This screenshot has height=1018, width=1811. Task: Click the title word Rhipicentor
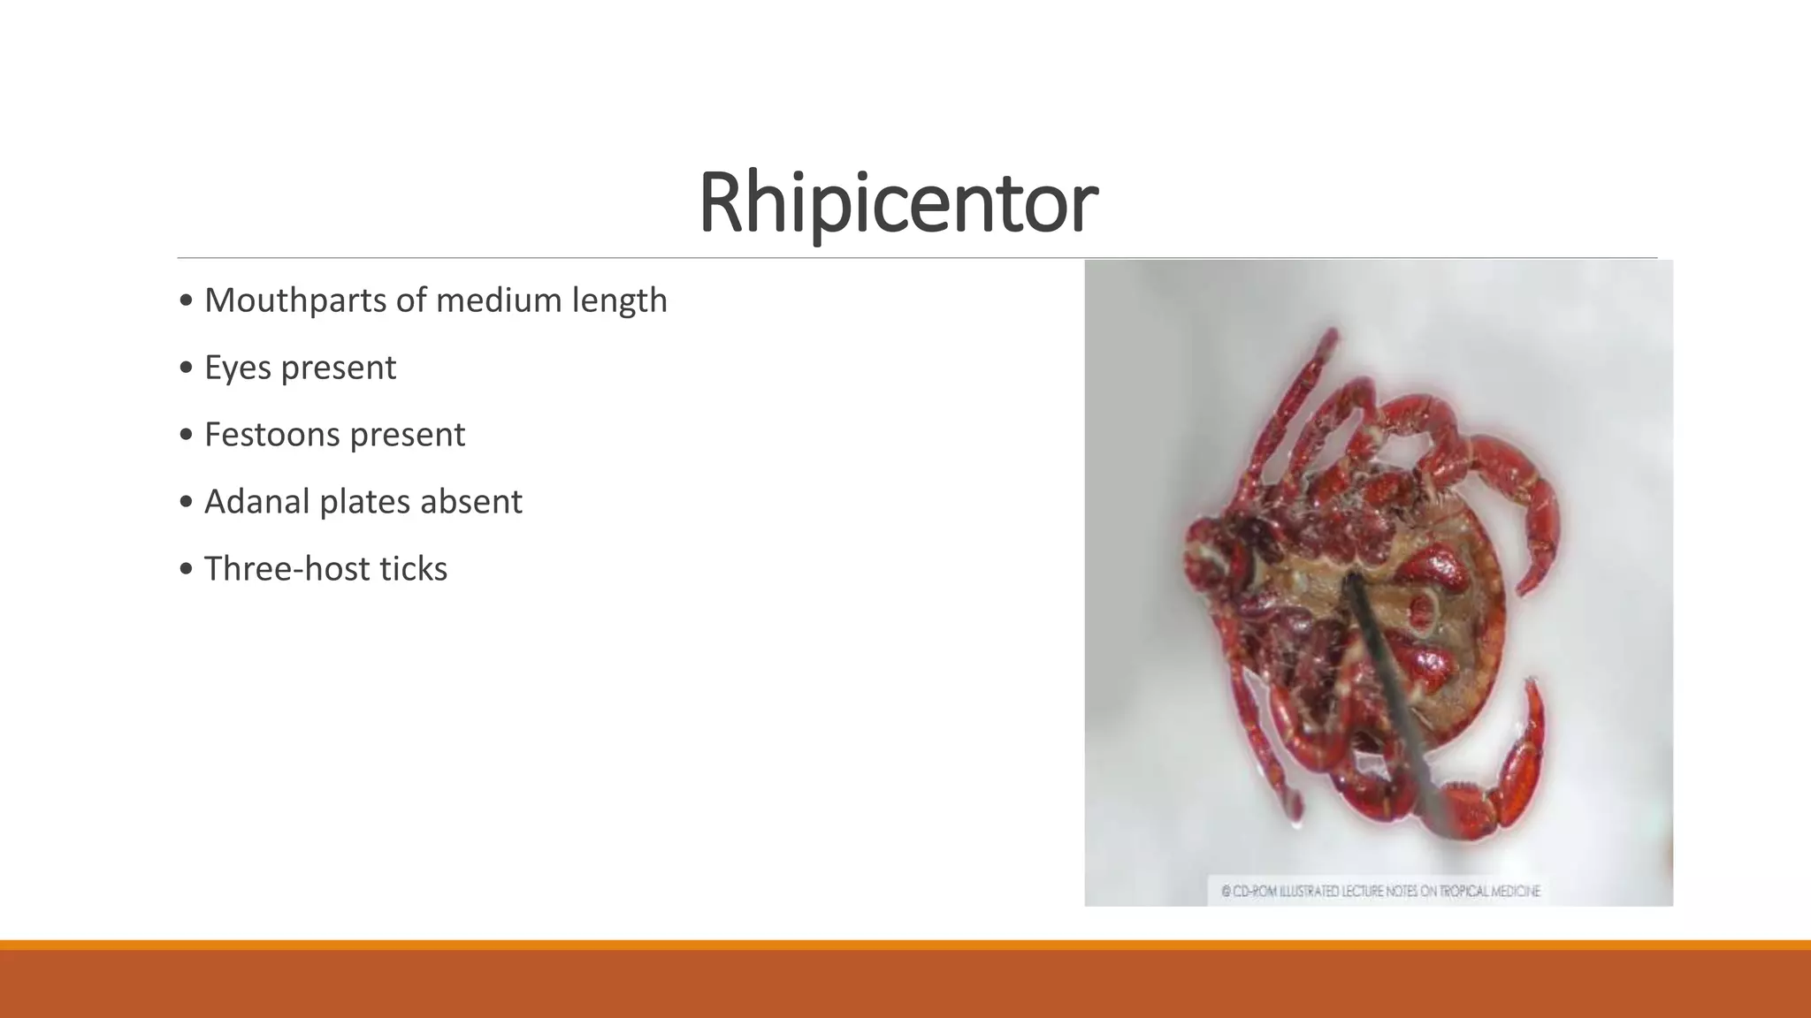click(898, 203)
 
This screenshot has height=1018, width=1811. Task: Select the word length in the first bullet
click(619, 300)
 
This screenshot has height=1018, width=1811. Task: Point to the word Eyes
click(237, 368)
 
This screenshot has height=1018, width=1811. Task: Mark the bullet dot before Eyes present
click(186, 368)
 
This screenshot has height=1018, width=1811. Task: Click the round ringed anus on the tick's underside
click(1423, 610)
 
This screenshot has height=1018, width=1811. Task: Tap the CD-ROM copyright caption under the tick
click(1379, 891)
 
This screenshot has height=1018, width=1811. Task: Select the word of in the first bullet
click(411, 300)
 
